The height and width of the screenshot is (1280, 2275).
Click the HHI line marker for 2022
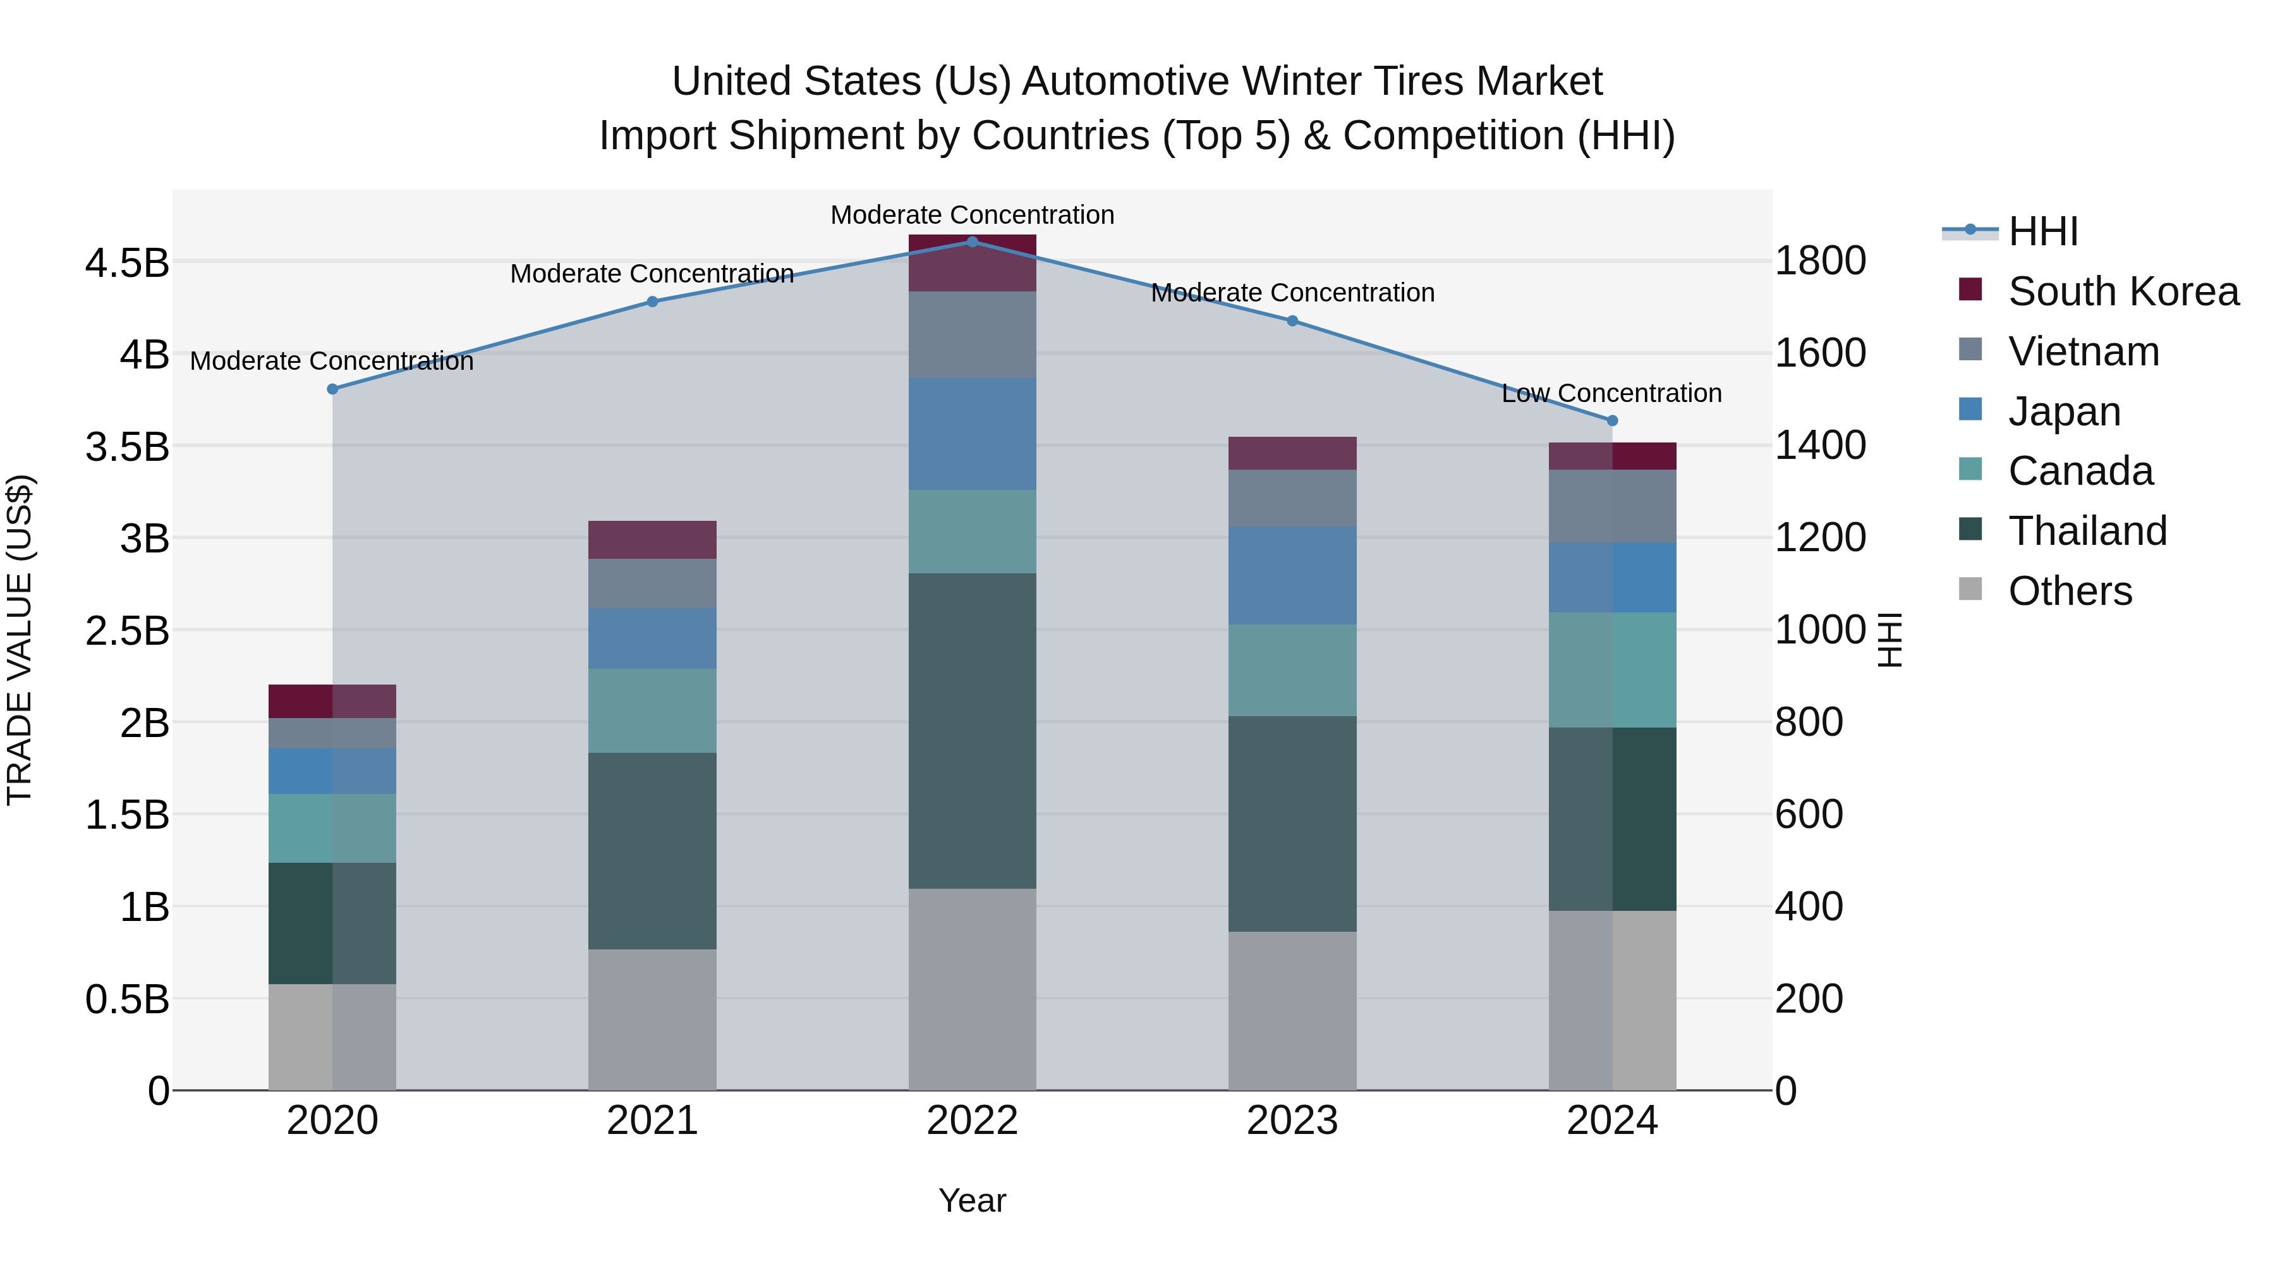click(x=973, y=241)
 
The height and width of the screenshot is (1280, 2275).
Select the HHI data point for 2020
click(x=332, y=389)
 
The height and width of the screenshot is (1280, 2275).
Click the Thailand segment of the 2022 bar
click(x=973, y=731)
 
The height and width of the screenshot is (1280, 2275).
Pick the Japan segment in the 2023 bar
click(x=1292, y=576)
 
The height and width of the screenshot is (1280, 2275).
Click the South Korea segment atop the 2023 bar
click(x=1292, y=453)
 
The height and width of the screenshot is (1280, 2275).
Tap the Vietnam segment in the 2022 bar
click(x=973, y=335)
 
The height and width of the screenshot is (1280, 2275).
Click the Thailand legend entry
click(x=2087, y=531)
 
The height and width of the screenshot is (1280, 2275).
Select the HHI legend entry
click(x=2042, y=231)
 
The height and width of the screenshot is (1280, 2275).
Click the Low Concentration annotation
click(x=1611, y=393)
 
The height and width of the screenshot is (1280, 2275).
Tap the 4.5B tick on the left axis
click(x=127, y=263)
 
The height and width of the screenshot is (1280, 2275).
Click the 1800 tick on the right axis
click(x=1820, y=262)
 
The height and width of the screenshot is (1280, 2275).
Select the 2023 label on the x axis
click(x=1292, y=1121)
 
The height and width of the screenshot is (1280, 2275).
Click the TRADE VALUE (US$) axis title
click(x=20, y=640)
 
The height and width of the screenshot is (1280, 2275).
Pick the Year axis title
click(x=973, y=1200)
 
